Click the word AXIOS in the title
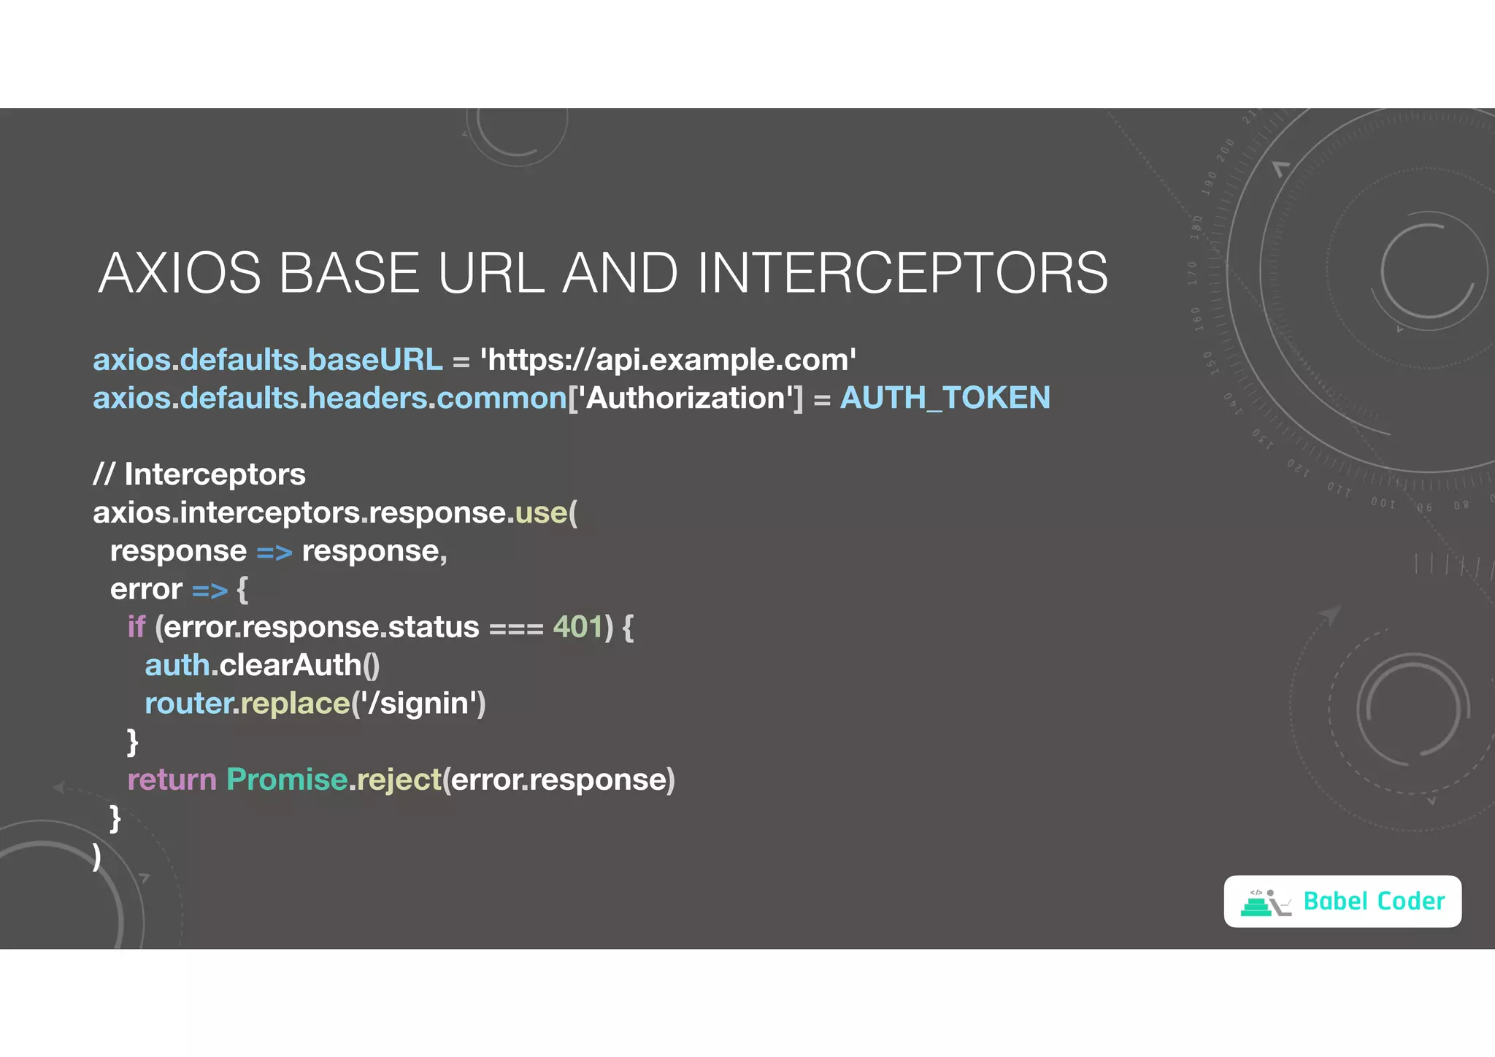180,273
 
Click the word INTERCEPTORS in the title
902,273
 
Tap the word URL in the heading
491,273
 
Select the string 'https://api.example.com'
667,360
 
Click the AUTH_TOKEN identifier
945,398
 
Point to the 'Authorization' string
685,398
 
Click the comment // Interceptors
199,474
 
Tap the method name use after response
541,512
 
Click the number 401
577,627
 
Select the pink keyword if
136,627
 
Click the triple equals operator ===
516,629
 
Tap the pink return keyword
172,780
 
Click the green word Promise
287,780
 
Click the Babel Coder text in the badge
1374,902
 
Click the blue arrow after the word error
210,590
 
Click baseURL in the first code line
375,360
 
